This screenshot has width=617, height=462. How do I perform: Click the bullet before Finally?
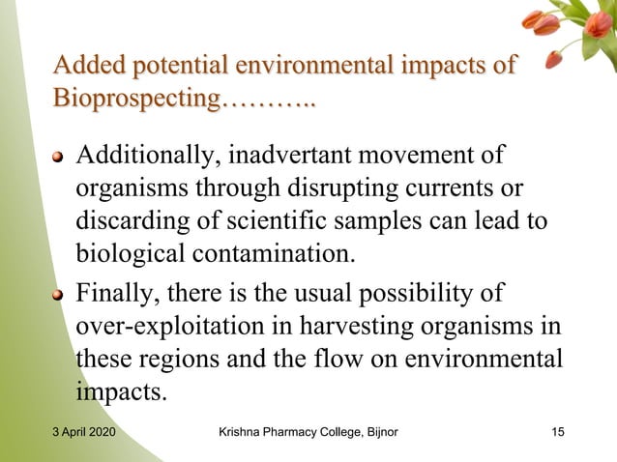60,292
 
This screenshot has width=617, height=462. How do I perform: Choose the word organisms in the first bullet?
129,188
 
